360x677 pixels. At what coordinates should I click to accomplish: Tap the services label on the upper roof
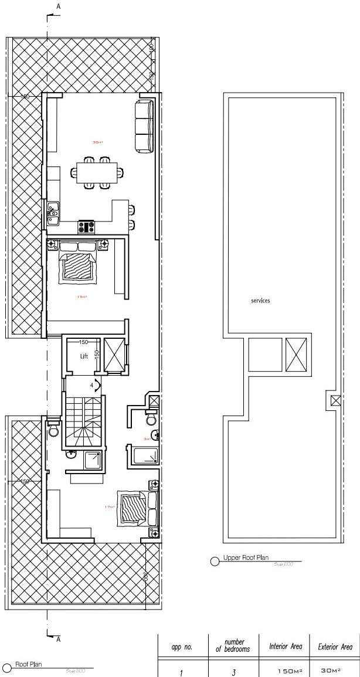pyautogui.click(x=260, y=300)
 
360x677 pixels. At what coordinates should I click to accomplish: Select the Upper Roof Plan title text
pyautogui.click(x=246, y=558)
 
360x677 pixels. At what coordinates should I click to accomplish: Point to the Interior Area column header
pyautogui.click(x=286, y=647)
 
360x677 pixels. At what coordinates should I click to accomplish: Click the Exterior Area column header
pyautogui.click(x=335, y=647)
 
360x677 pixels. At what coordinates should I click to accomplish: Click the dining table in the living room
pyautogui.click(x=97, y=172)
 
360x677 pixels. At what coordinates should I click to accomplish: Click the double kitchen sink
pyautogui.click(x=53, y=210)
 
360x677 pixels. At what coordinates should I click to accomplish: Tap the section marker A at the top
pyautogui.click(x=58, y=6)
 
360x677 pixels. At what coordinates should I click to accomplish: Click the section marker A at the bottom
pyautogui.click(x=58, y=639)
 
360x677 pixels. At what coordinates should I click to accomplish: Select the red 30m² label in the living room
pyautogui.click(x=97, y=142)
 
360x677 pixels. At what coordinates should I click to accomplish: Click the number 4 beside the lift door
pyautogui.click(x=91, y=386)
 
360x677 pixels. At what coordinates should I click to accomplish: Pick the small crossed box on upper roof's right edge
pyautogui.click(x=335, y=400)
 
